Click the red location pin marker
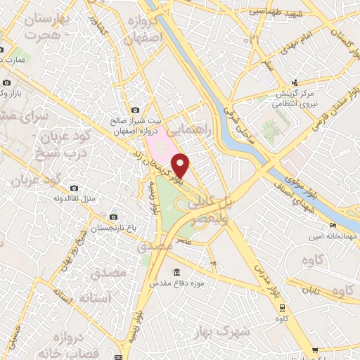point(181,165)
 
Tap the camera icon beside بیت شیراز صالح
point(136,110)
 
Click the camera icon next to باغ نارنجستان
point(114,217)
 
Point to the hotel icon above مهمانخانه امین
point(333,226)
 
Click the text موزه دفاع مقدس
point(176,283)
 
